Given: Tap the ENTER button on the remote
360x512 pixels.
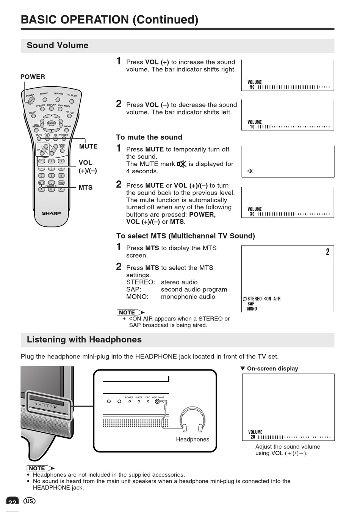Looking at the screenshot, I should pyautogui.click(x=51, y=123).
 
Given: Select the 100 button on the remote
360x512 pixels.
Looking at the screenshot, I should pyautogui.click(x=61, y=183).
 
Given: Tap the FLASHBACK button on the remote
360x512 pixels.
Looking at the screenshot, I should pyautogui.click(x=62, y=151).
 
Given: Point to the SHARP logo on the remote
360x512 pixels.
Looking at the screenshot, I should pyautogui.click(x=51, y=213).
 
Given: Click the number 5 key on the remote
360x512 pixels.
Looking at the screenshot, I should pyautogui.click(x=52, y=168).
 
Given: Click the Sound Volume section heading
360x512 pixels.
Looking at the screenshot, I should pyautogui.click(x=58, y=46).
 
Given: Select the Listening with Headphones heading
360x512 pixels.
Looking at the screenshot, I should pyautogui.click(x=84, y=340).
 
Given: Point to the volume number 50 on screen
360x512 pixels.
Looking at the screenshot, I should pyautogui.click(x=252, y=87).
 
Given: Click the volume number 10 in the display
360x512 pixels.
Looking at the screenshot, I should pyautogui.click(x=252, y=127).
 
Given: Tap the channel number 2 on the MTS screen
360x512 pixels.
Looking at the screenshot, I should pyautogui.click(x=328, y=252).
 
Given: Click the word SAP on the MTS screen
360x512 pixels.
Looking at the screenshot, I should pyautogui.click(x=251, y=304).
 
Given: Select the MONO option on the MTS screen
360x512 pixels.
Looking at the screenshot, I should pyautogui.click(x=252, y=309).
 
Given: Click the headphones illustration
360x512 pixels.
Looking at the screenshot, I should pyautogui.click(x=192, y=419).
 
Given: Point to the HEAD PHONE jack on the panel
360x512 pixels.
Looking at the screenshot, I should pyautogui.click(x=157, y=401).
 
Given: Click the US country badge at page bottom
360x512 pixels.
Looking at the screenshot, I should pyautogui.click(x=29, y=501).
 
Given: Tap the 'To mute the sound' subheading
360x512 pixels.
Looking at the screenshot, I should pyautogui.click(x=149, y=137).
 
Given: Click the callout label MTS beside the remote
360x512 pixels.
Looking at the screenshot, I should pyautogui.click(x=86, y=187).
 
